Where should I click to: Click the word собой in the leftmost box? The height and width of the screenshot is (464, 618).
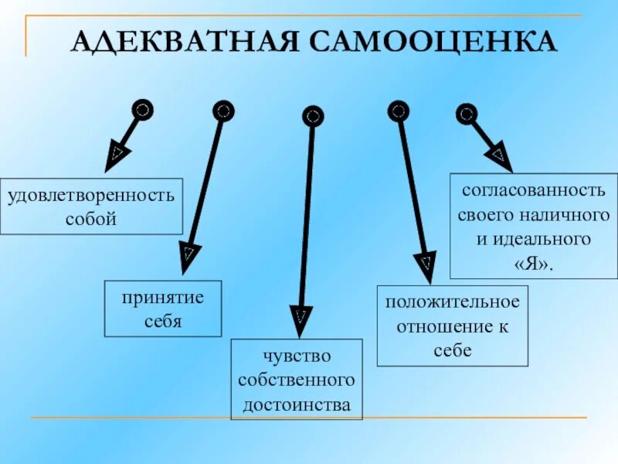(92, 218)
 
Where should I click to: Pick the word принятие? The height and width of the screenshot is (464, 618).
(163, 297)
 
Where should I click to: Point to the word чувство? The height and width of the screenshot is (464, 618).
(297, 356)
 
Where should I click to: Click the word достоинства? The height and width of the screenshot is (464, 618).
(297, 404)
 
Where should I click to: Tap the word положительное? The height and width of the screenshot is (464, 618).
(453, 300)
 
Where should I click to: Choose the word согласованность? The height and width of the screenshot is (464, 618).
(534, 189)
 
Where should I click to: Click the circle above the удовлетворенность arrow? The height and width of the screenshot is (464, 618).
(141, 110)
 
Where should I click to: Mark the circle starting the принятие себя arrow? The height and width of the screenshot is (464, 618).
(222, 111)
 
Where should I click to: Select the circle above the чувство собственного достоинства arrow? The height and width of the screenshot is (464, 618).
(312, 117)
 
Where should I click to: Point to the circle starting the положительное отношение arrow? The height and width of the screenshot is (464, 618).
(398, 111)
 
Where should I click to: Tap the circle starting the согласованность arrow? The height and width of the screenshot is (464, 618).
(466, 114)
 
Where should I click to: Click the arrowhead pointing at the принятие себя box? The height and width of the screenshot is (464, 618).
(188, 256)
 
